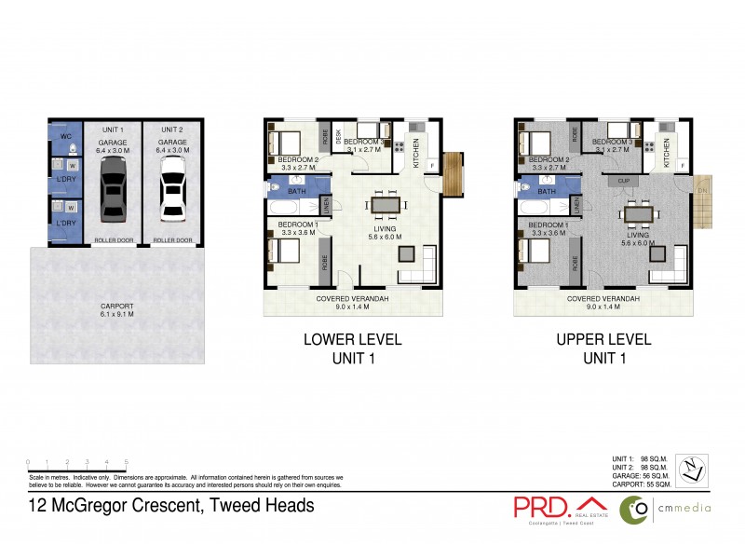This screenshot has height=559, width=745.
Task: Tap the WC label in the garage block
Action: coord(64,136)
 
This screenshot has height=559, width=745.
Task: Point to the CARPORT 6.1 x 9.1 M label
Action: coord(117,310)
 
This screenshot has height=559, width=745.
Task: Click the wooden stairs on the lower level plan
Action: coord(452,173)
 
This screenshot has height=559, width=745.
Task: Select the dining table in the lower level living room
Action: coord(386,204)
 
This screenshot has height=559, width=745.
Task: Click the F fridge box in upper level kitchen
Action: coord(684,166)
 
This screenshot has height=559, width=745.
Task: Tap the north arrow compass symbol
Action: coord(691,467)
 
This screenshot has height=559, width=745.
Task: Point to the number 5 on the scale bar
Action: coord(126,461)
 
